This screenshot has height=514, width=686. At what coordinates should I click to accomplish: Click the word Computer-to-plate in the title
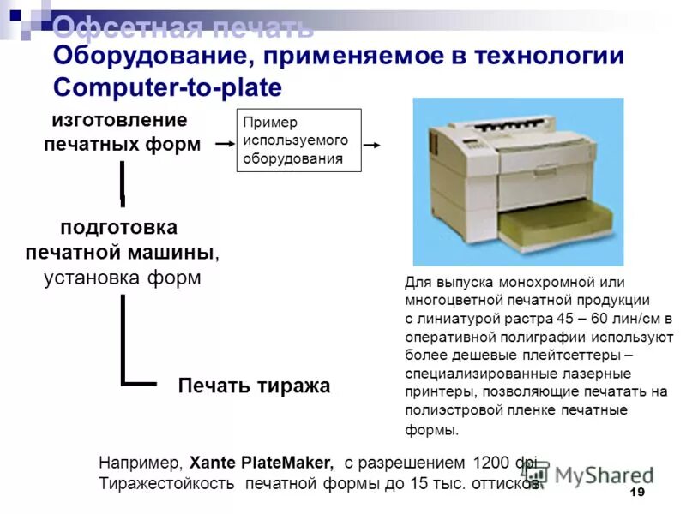pyautogui.click(x=167, y=87)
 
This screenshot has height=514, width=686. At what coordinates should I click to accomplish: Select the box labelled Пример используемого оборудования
pyautogui.click(x=298, y=140)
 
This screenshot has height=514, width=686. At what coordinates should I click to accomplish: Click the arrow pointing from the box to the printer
pyautogui.click(x=371, y=145)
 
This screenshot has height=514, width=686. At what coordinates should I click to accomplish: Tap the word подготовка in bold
pyautogui.click(x=119, y=228)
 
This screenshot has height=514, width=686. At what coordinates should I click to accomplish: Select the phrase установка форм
pyautogui.click(x=123, y=278)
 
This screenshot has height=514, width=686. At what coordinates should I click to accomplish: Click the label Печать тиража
pyautogui.click(x=254, y=385)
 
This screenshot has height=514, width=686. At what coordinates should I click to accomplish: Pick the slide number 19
pyautogui.click(x=636, y=493)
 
